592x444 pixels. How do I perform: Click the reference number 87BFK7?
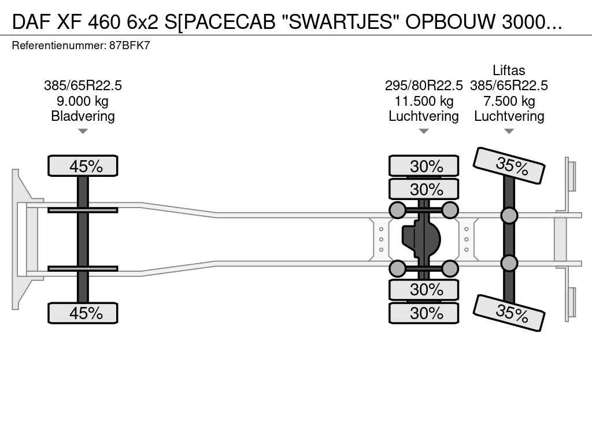[129, 46]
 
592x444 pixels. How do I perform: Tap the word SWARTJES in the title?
[341, 23]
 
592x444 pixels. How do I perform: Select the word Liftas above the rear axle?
[509, 71]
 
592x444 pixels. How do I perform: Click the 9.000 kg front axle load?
[83, 101]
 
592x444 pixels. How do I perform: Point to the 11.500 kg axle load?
[424, 101]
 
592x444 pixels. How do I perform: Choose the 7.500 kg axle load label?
[509, 101]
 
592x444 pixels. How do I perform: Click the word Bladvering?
[83, 116]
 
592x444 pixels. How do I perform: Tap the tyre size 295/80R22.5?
[424, 86]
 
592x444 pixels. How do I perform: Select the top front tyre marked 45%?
[83, 166]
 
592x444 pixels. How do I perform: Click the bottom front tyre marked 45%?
[83, 313]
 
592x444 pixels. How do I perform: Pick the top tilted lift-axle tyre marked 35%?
[509, 166]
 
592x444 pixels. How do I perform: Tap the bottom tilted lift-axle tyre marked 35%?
[509, 313]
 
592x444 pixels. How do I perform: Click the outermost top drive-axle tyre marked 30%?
[424, 166]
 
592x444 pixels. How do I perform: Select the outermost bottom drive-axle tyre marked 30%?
[424, 313]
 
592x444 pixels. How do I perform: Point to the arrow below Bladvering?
[83, 131]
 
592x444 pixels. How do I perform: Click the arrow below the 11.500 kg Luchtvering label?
[424, 131]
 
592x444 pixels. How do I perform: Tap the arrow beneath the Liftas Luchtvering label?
[509, 131]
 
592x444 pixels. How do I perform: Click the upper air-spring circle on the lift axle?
[509, 215]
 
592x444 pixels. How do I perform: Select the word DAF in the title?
[31, 23]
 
